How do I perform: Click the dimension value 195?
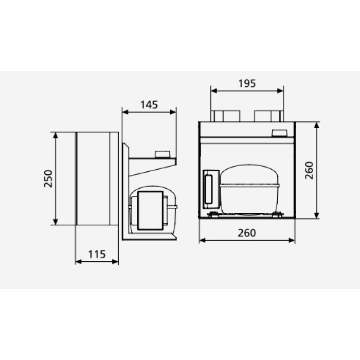pos(247,83)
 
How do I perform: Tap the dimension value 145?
pos(149,105)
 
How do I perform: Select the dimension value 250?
pos(48,178)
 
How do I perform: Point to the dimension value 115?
pos(97,255)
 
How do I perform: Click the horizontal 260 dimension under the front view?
pos(247,233)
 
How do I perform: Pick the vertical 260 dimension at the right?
pos(309,170)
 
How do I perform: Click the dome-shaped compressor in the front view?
pos(249,189)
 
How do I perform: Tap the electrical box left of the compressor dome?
pos(211,189)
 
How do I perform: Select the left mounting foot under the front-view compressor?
pos(213,214)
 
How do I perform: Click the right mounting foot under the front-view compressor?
pos(277,214)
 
